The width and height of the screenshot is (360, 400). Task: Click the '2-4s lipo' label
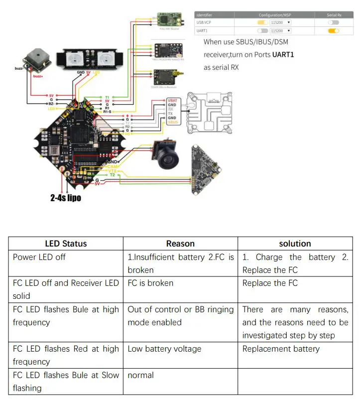[65, 198]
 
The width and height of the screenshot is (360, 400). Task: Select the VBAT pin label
[172, 100]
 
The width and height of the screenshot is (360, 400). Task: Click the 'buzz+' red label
[38, 76]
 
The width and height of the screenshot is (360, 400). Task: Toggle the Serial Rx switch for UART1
[333, 31]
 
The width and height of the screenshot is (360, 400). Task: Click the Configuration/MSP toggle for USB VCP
[262, 22]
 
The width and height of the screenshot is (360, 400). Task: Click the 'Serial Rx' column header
[334, 15]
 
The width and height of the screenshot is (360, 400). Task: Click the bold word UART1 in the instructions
[283, 55]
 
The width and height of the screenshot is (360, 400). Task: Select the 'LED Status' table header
[66, 244]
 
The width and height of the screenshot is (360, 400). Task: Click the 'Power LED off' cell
[39, 257]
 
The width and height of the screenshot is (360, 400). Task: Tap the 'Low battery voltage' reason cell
[164, 349]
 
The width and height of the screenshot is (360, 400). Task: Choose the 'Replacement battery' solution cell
[281, 349]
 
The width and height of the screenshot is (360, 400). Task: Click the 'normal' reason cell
[141, 375]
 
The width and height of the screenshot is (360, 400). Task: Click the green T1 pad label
[107, 97]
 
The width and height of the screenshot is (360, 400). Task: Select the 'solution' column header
[295, 244]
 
